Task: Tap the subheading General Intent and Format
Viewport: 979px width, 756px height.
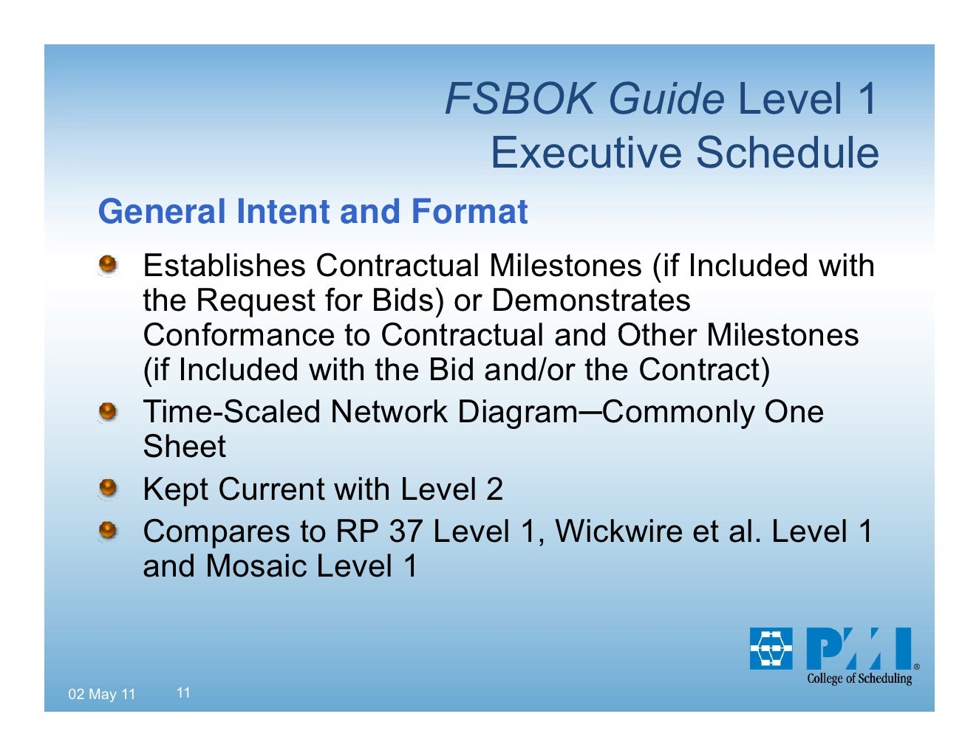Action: pos(313,212)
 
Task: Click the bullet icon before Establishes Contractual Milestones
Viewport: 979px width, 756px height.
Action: pos(109,264)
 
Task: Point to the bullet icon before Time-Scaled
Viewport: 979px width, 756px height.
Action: pos(109,410)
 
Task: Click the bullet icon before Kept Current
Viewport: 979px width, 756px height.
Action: pos(109,488)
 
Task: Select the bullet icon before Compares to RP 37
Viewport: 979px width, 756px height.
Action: pos(109,530)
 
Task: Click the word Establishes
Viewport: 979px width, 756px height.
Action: pos(224,265)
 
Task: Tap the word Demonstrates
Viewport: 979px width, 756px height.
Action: pos(590,300)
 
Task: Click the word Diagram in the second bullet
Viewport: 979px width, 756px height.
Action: pos(517,411)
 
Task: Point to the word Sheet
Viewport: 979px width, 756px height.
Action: pos(184,447)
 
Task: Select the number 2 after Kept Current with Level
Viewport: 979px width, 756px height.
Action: pos(494,489)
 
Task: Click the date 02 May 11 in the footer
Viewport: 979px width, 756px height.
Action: pos(102,694)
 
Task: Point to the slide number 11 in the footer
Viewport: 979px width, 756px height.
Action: pos(183,693)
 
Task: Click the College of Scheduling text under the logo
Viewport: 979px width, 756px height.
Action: pos(859,678)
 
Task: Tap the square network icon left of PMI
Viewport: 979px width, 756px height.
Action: pos(771,648)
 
